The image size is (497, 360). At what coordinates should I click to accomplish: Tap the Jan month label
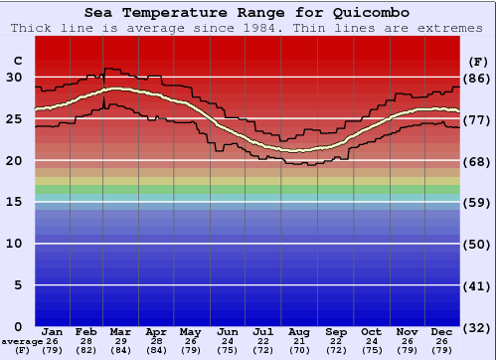click(53, 331)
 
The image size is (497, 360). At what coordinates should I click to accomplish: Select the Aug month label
click(300, 331)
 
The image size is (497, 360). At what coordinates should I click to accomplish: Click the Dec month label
click(442, 331)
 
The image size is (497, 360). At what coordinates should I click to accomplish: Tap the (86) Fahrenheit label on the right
click(478, 79)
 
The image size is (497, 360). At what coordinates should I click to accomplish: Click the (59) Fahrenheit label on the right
click(478, 203)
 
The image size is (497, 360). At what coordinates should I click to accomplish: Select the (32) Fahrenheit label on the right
click(478, 327)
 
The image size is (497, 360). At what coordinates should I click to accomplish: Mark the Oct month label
click(371, 331)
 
